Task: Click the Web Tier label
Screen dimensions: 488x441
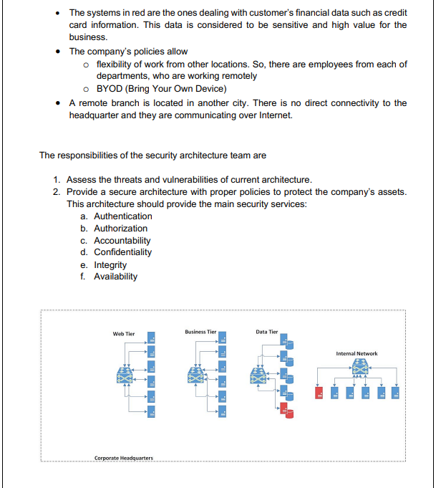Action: coord(124,334)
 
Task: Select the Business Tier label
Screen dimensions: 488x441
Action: coord(200,332)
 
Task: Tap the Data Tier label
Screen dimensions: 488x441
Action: coord(267,332)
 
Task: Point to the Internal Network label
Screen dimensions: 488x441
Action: coord(357,353)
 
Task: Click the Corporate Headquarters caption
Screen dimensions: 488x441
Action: coord(123,457)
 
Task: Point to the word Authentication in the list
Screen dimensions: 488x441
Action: coord(123,216)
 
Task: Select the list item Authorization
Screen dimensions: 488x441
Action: coord(121,229)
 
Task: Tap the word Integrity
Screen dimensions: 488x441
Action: coord(110,265)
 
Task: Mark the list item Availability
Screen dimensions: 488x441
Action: coord(116,277)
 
